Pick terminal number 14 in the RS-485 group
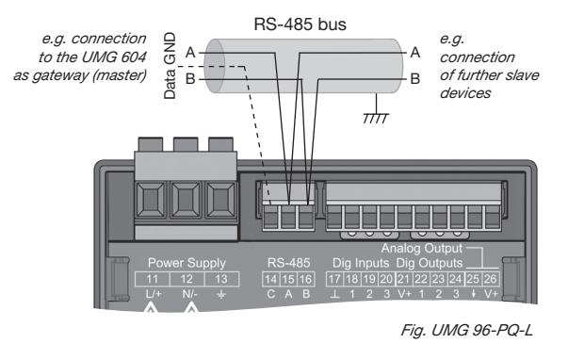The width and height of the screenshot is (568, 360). click(x=270, y=279)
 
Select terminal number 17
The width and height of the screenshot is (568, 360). click(x=333, y=279)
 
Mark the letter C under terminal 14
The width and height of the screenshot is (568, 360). click(x=270, y=294)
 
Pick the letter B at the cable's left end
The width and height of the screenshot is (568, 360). click(x=189, y=80)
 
